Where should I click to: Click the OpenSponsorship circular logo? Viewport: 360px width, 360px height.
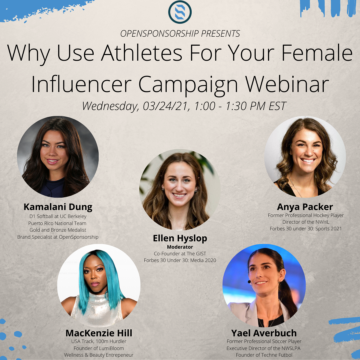coord(180,12)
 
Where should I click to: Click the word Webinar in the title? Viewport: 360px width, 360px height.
coord(287,84)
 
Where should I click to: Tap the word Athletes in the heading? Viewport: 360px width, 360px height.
coord(142,53)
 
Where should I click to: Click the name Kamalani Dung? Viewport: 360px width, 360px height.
coord(58,207)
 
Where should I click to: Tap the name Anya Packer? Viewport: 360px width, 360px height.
coord(305,207)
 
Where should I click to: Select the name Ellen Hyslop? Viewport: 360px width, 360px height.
coord(180,238)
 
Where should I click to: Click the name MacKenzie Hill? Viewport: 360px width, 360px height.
coord(99,333)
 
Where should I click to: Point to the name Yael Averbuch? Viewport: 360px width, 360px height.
coord(264,333)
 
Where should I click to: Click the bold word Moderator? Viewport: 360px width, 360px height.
coord(180,247)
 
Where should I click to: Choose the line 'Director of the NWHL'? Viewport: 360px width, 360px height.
coord(306,222)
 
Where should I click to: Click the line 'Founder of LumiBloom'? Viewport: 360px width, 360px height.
coord(99,348)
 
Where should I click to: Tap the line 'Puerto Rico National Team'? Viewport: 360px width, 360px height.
coord(57,223)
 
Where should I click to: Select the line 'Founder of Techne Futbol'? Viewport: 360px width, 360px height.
coord(264,355)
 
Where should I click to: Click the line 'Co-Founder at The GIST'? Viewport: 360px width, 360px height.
coord(180,254)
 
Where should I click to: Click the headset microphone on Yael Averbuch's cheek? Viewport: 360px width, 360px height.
coord(250,282)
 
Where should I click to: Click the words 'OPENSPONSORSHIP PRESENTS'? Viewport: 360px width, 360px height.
coord(180,34)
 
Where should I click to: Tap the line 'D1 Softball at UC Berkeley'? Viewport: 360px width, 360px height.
coord(58,216)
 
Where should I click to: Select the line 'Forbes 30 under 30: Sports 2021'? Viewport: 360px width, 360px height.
coord(306,229)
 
